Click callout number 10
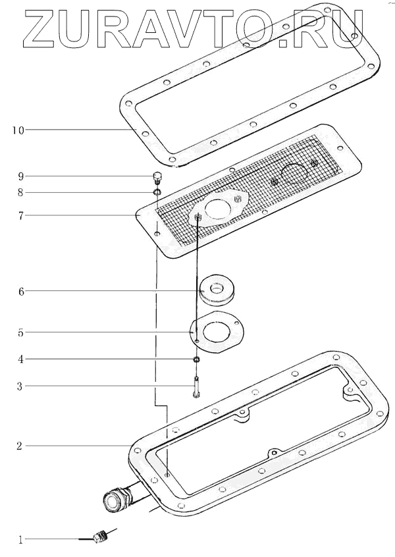[x=18, y=130]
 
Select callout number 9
[x=21, y=176]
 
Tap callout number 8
[x=21, y=193]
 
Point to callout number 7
[x=21, y=215]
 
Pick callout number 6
[x=21, y=291]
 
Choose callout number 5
[x=21, y=333]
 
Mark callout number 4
[x=21, y=359]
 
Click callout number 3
[x=21, y=386]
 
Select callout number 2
[x=21, y=446]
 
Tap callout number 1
[x=21, y=540]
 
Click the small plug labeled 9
[x=157, y=178]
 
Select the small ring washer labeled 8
[x=157, y=192]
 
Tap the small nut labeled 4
[x=196, y=359]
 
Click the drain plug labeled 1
[x=100, y=537]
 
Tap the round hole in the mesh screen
[x=294, y=173]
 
